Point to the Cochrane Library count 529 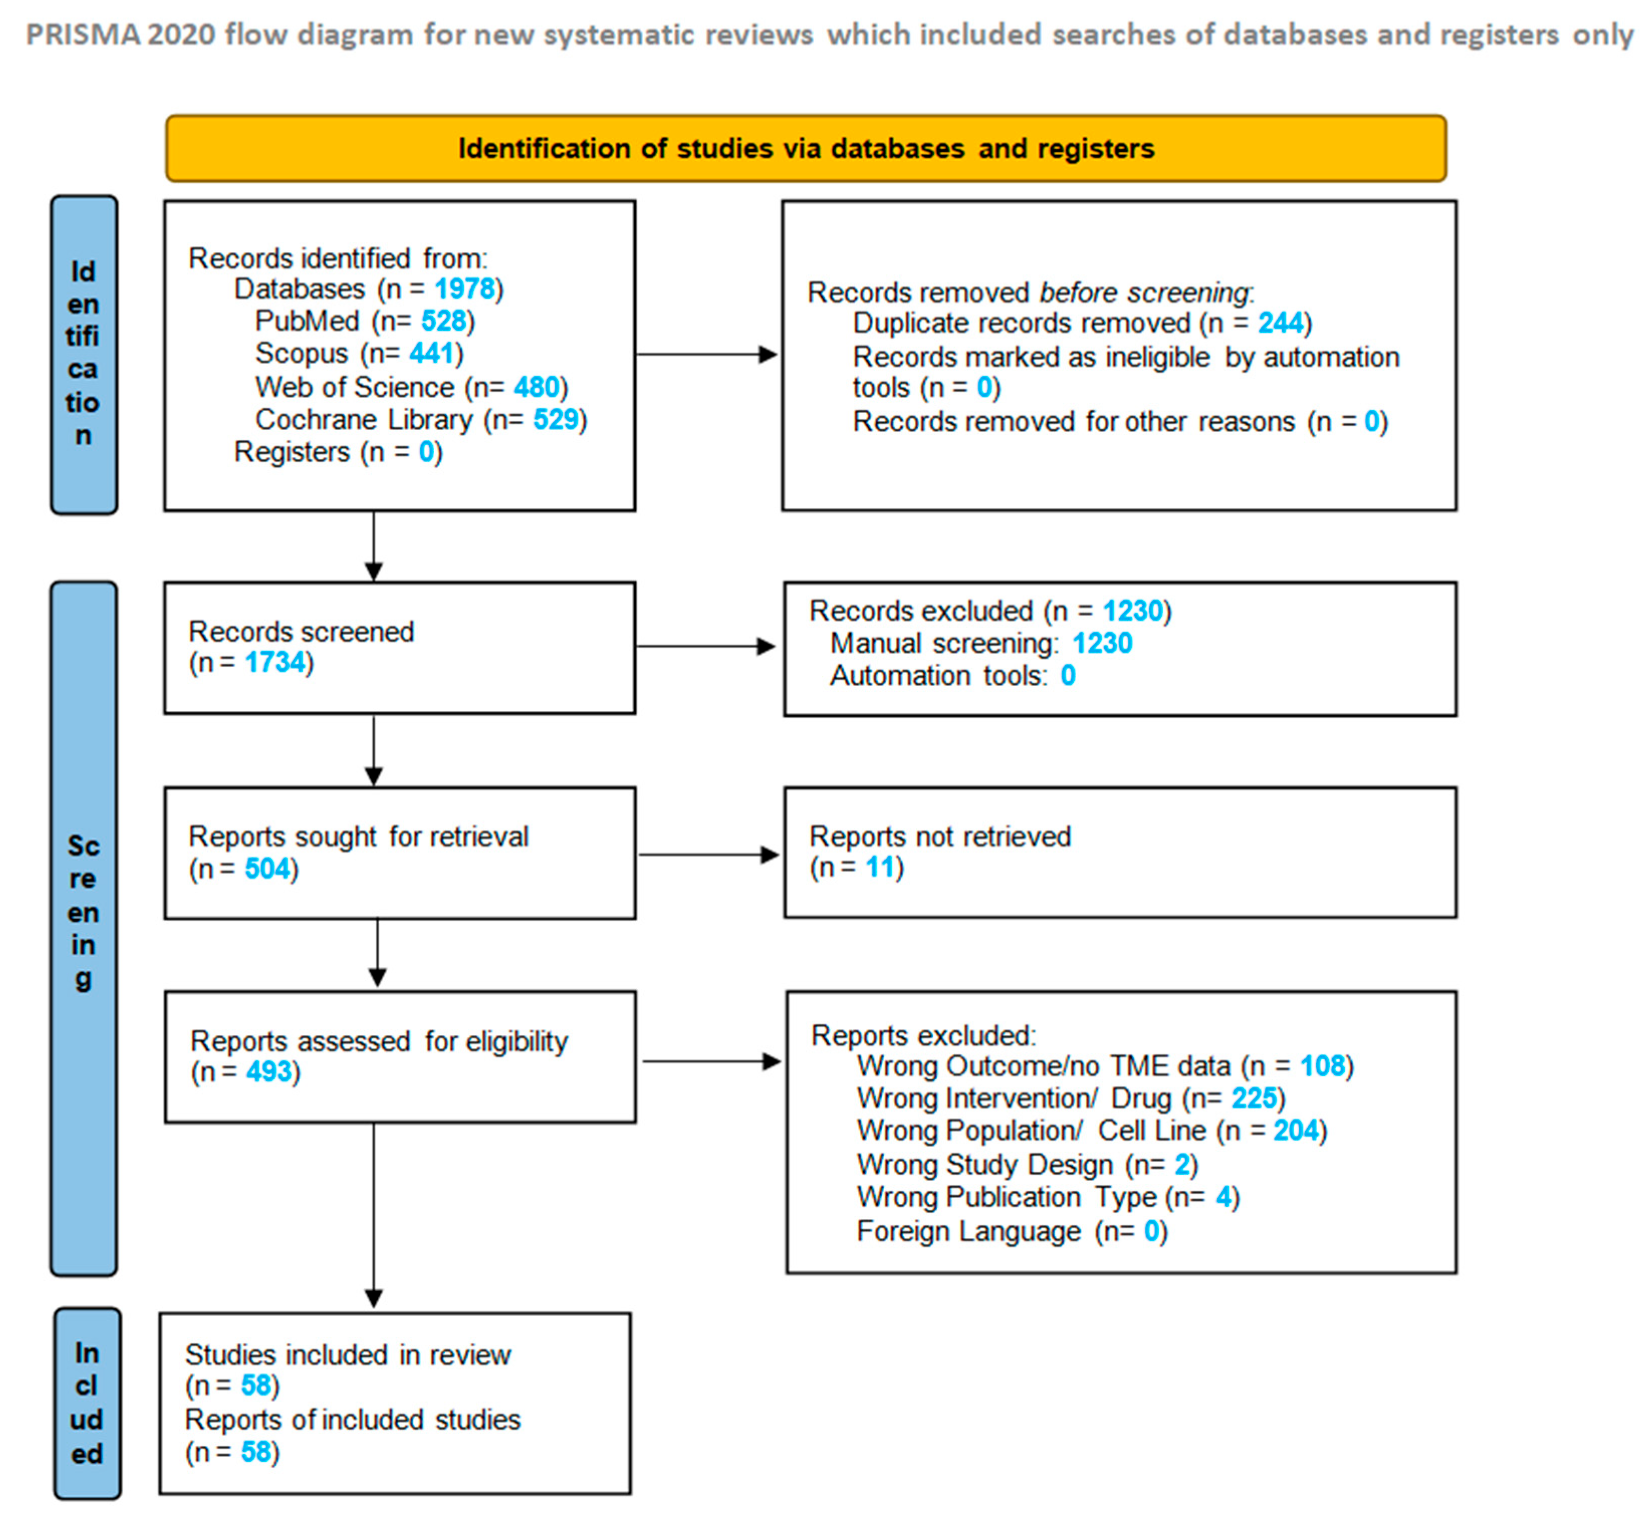click(556, 420)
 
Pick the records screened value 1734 click(275, 662)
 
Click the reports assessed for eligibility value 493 click(269, 1072)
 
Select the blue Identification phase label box click(84, 355)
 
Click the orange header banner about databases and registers click(806, 148)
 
